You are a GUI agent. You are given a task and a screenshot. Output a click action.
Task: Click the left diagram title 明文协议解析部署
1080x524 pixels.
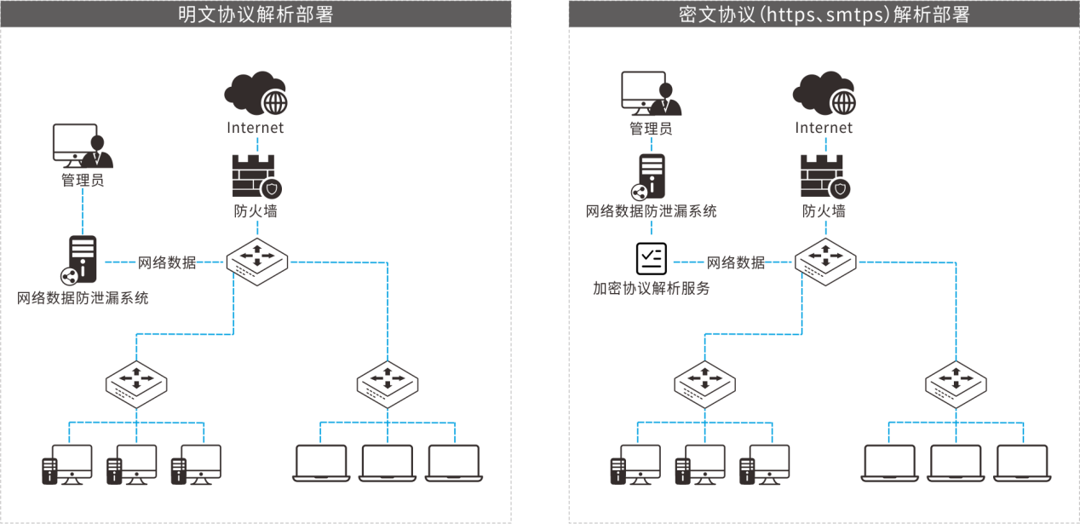[255, 14]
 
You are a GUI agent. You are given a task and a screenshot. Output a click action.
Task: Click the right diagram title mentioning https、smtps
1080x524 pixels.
[824, 14]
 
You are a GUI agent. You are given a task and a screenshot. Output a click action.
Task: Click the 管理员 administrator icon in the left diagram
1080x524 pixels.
[82, 147]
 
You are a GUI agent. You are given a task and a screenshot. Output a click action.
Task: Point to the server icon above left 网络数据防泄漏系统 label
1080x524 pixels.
[81, 261]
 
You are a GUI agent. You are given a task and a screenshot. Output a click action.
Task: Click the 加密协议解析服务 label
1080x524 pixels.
[651, 289]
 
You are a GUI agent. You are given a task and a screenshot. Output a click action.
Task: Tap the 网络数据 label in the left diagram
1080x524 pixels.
[167, 262]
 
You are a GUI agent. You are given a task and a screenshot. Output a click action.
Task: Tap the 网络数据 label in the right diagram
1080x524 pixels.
[736, 262]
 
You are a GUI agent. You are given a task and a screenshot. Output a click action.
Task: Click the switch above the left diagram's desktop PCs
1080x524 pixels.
[136, 381]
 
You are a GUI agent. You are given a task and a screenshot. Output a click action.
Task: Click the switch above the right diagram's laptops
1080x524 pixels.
[956, 381]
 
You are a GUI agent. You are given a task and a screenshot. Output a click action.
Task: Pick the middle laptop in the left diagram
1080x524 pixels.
[387, 463]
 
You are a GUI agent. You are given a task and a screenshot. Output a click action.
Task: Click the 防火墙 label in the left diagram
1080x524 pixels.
[256, 211]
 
